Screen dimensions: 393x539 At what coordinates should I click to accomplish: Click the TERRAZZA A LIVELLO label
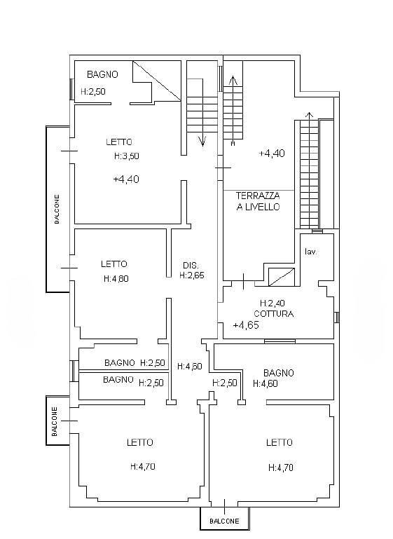(258, 201)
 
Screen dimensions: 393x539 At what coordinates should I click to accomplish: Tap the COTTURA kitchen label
(274, 314)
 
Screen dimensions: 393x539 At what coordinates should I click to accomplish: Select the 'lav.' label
(312, 252)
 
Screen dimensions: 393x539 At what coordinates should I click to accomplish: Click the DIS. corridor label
(191, 266)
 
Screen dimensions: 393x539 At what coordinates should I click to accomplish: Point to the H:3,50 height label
(126, 156)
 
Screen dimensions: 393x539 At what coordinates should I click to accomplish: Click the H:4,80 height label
(116, 278)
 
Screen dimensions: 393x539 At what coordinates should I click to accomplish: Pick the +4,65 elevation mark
(246, 325)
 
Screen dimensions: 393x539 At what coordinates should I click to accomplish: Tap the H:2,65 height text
(192, 275)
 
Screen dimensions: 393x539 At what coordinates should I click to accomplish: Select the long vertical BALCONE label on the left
(57, 210)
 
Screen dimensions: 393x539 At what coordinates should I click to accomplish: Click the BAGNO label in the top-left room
(102, 74)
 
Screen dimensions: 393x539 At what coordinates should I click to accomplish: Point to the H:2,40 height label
(273, 303)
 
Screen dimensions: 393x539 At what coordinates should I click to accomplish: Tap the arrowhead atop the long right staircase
(310, 115)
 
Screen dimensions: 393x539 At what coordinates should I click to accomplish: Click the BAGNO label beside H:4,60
(279, 373)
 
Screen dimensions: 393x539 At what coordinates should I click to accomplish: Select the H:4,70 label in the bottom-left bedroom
(143, 467)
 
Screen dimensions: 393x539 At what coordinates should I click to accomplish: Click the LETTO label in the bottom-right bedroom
(280, 442)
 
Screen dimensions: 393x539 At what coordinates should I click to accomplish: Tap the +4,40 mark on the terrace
(272, 153)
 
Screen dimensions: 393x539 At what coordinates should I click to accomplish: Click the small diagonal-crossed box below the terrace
(282, 277)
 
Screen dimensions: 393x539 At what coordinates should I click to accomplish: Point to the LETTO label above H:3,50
(119, 142)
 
